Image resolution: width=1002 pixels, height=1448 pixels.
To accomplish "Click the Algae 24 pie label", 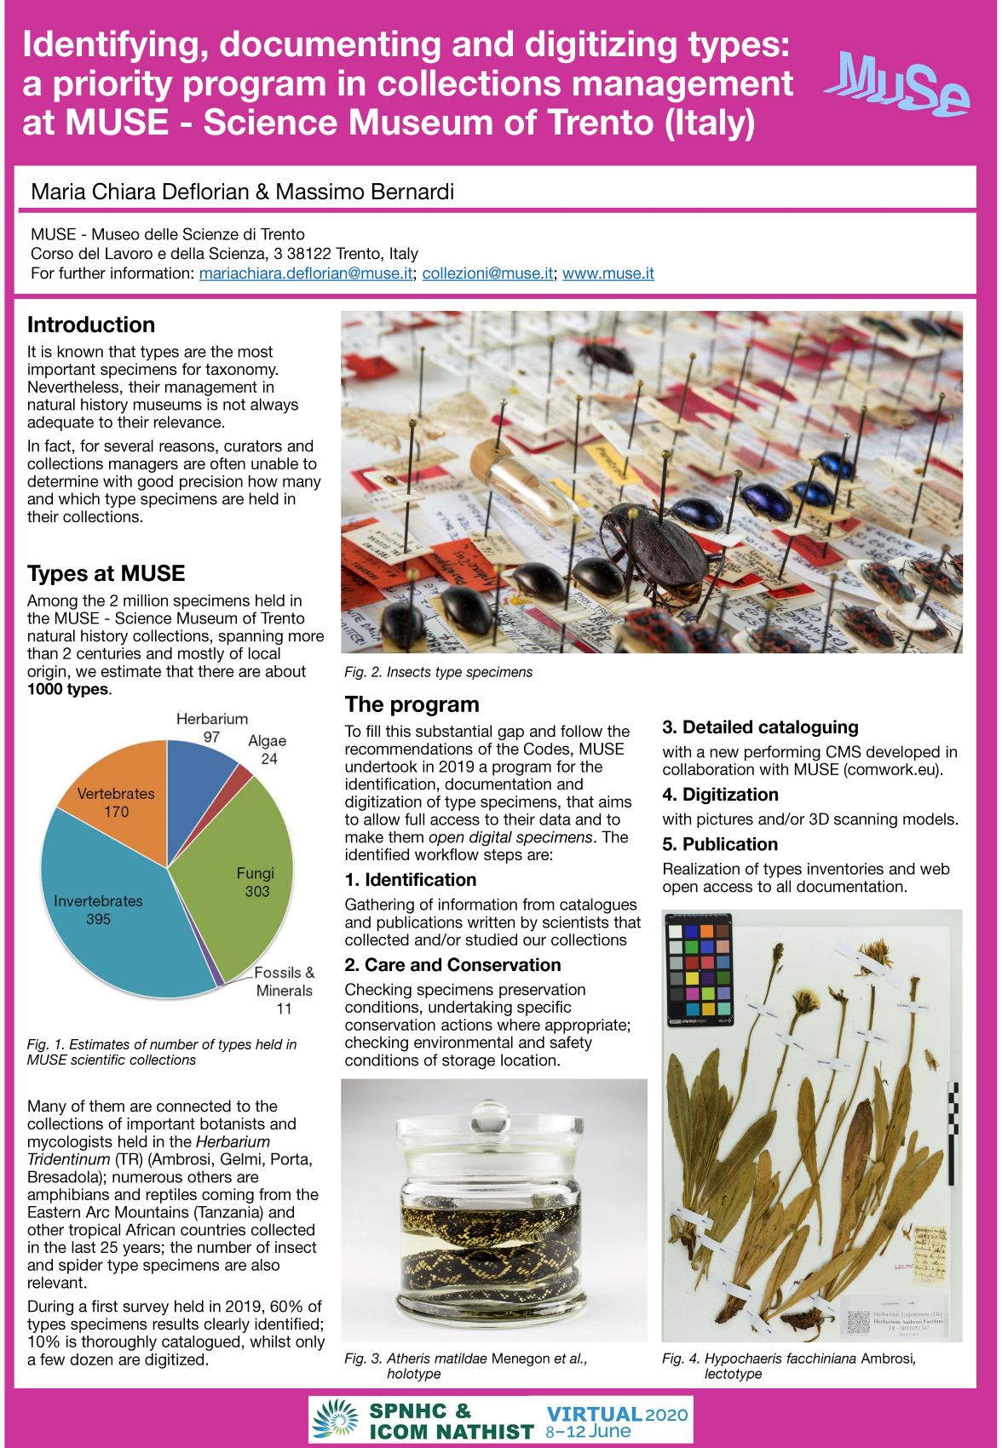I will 268,750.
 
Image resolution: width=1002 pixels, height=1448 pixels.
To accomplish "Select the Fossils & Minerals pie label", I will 285,991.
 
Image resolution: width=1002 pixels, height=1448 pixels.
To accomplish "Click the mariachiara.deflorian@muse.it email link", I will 306,273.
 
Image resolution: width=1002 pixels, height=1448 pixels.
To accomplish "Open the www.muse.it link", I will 608,273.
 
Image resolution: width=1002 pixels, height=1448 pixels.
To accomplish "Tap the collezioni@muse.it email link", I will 487,273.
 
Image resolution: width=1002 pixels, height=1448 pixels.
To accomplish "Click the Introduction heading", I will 91,325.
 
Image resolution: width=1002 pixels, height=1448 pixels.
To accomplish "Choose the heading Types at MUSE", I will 106,573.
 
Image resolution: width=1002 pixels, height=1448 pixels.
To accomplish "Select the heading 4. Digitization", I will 720,795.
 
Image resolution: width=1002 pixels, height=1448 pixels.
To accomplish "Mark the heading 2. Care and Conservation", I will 452,965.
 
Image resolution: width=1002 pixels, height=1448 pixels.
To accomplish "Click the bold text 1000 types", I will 68,689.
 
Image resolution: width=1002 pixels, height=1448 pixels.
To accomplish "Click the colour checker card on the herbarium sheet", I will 700,970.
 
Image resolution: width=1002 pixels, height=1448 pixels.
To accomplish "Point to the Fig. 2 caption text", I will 438,672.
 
